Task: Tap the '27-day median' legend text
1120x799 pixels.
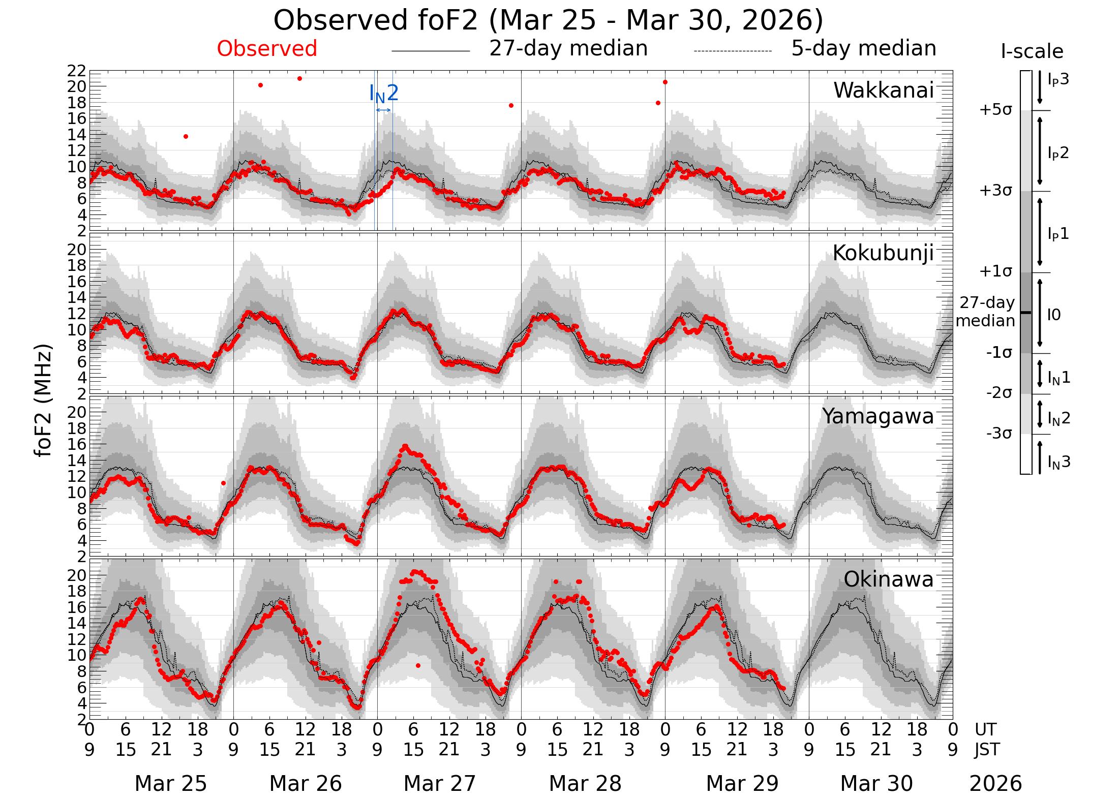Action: click(568, 49)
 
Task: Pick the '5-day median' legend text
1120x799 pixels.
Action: click(864, 49)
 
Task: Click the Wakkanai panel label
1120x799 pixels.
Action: click(884, 90)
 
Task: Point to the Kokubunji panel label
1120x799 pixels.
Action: click(883, 253)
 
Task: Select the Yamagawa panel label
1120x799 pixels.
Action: click(878, 416)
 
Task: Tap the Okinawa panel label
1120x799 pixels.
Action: click(889, 579)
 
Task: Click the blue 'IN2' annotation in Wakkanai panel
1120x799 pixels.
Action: click(384, 94)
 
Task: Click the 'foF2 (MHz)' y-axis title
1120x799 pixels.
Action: click(44, 401)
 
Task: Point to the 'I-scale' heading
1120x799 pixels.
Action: click(1032, 52)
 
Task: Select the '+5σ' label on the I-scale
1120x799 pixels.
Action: click(995, 110)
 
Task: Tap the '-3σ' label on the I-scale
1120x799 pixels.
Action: click(998, 434)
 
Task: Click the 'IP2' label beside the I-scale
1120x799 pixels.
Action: click(1058, 152)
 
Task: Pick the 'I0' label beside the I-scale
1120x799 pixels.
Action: click(1054, 315)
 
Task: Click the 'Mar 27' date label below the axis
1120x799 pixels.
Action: click(439, 783)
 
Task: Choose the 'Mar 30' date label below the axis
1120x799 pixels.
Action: click(876, 783)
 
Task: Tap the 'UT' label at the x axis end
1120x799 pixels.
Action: click(985, 730)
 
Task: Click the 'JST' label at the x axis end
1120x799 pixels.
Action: click(987, 750)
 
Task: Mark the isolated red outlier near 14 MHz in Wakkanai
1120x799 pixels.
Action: click(186, 136)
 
